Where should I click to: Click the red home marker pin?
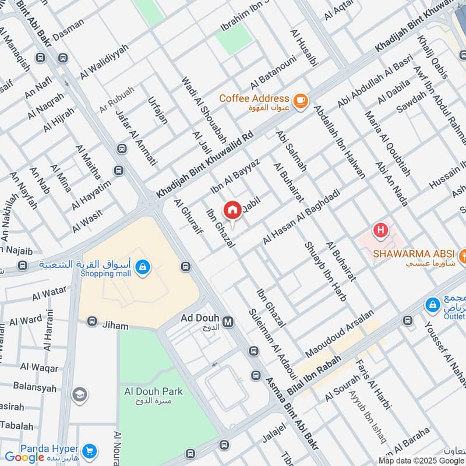coord(232,209)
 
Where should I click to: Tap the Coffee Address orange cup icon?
coord(300,101)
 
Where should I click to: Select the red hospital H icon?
coord(380,231)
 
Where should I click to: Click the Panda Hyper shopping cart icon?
coord(89,450)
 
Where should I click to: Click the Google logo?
coord(24,457)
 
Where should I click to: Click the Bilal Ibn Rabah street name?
coord(313,377)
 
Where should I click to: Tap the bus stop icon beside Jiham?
coord(91,322)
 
